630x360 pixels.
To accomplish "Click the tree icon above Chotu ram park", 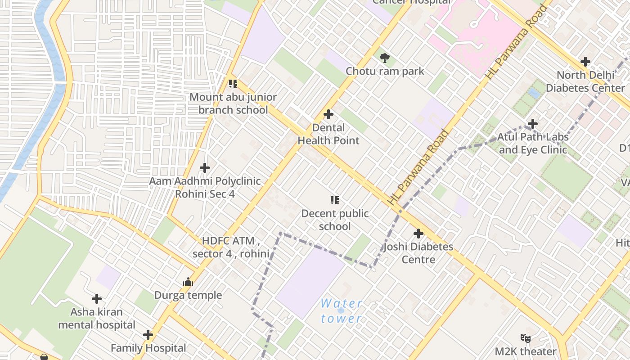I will click(x=384, y=58).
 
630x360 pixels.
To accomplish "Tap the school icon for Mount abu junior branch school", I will click(x=233, y=83).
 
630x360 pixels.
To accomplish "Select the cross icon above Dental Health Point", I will click(x=328, y=114).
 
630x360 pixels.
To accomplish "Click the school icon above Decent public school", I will click(x=334, y=200).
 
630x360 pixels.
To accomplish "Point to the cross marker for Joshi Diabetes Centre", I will click(x=418, y=234).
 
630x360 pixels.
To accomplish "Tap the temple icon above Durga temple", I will click(x=188, y=282).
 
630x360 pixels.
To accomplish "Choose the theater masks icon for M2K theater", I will click(x=525, y=338).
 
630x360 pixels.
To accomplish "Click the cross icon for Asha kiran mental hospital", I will click(x=97, y=299).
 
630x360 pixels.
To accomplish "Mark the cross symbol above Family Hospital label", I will click(x=148, y=335).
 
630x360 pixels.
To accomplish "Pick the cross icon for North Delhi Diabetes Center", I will click(x=585, y=61).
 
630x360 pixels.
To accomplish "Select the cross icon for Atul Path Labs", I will click(x=533, y=123).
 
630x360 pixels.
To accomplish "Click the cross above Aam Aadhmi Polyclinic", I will click(x=205, y=168).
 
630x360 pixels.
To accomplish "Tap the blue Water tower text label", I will click(x=341, y=311).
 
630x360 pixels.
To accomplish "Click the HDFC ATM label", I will click(x=231, y=247).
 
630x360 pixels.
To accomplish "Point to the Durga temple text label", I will click(x=188, y=295).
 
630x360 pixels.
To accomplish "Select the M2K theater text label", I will click(x=526, y=351).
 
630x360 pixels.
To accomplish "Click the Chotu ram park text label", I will click(x=385, y=71).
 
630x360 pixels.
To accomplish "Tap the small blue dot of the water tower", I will click(x=341, y=310).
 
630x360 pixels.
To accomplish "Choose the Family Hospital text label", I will click(x=148, y=348).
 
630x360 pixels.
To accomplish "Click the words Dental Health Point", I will click(x=328, y=134).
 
